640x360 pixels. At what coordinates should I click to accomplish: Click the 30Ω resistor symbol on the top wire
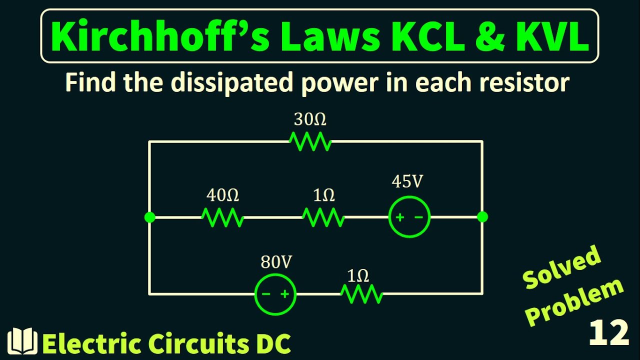(310, 142)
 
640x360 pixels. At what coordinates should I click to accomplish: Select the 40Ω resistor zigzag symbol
(222, 217)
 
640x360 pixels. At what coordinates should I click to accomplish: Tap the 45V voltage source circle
(409, 217)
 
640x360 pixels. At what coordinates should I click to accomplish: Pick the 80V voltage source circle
(275, 294)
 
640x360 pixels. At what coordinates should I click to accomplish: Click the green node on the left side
(149, 217)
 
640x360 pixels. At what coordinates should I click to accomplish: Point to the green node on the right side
(482, 217)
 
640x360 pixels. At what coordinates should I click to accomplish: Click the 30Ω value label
(310, 120)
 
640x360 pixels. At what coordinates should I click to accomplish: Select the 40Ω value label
(222, 195)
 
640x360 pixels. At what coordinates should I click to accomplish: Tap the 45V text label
(407, 182)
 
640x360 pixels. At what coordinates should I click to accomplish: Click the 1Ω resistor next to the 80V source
(361, 294)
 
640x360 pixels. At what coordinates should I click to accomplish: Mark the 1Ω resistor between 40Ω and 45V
(323, 217)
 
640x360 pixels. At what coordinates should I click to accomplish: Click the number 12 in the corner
(608, 333)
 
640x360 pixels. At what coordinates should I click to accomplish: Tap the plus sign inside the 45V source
(400, 217)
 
